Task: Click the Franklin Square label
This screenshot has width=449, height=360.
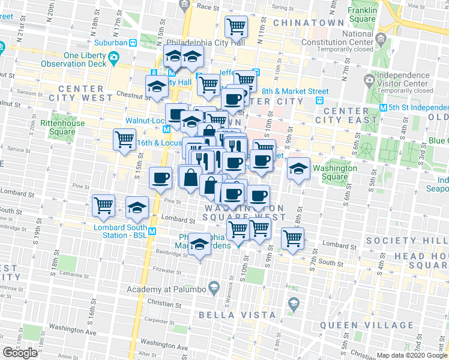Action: [362, 14]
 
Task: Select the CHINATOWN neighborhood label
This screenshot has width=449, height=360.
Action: [309, 23]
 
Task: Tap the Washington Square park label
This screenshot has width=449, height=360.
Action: [334, 172]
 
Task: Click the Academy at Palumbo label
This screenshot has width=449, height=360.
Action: [166, 290]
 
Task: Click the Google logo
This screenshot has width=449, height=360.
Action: [20, 352]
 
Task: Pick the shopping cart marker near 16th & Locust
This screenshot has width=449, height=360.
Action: [124, 139]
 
